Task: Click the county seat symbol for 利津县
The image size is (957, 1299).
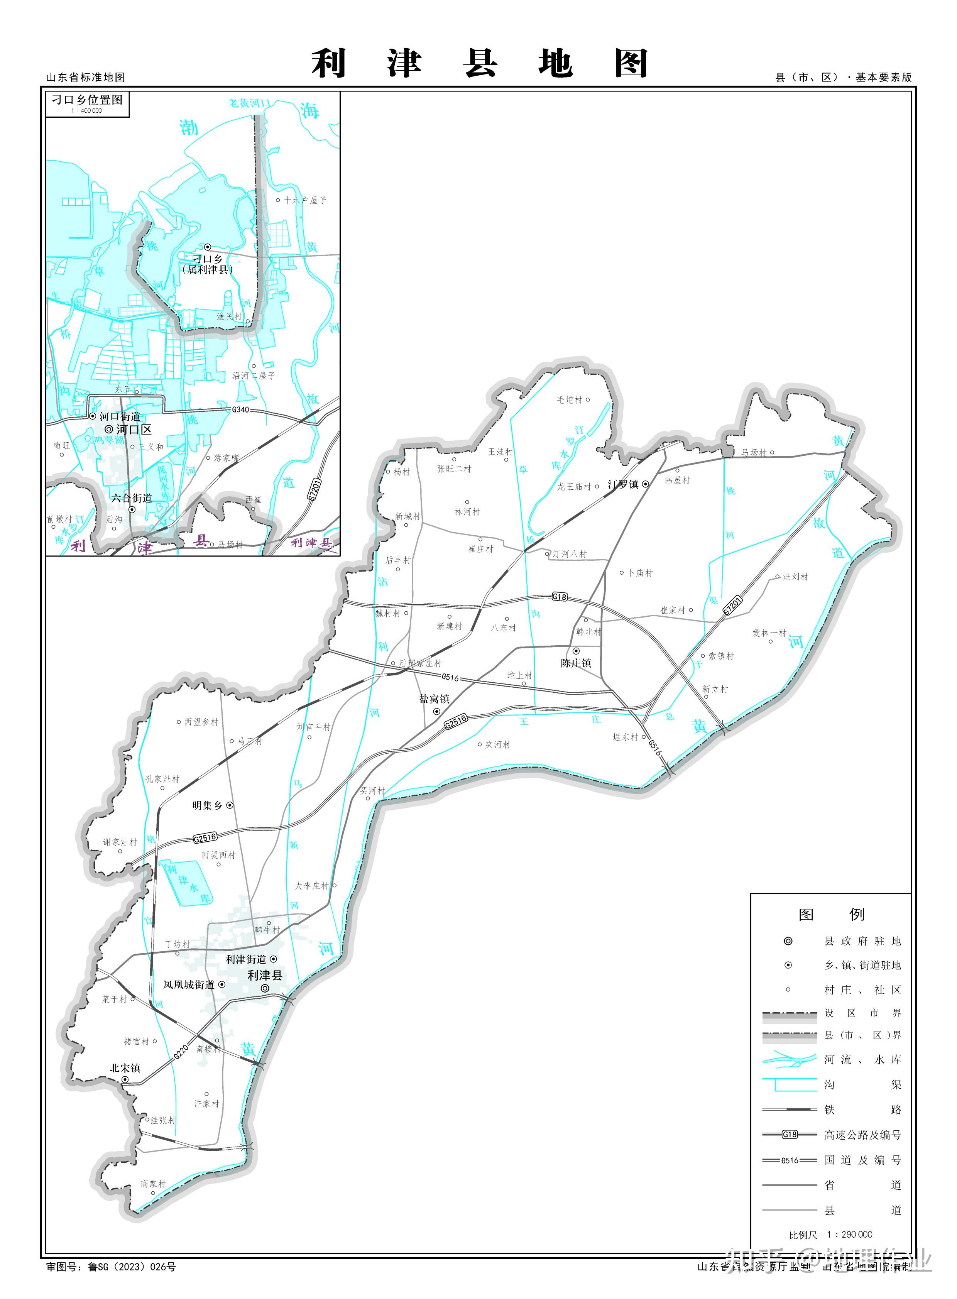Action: pos(265,988)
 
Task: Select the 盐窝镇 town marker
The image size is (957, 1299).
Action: pos(437,712)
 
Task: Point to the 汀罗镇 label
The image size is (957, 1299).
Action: pos(623,484)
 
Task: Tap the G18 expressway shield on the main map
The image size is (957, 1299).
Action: pos(560,597)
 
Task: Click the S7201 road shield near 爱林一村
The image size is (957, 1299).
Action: pos(733,605)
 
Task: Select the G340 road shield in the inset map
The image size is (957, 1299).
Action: pos(240,409)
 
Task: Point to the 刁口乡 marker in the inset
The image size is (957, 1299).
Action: pos(207,247)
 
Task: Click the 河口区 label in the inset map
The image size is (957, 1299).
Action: pos(134,429)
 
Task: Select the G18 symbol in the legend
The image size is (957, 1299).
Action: pos(790,1135)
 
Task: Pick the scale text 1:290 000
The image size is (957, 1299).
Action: pos(849,1234)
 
